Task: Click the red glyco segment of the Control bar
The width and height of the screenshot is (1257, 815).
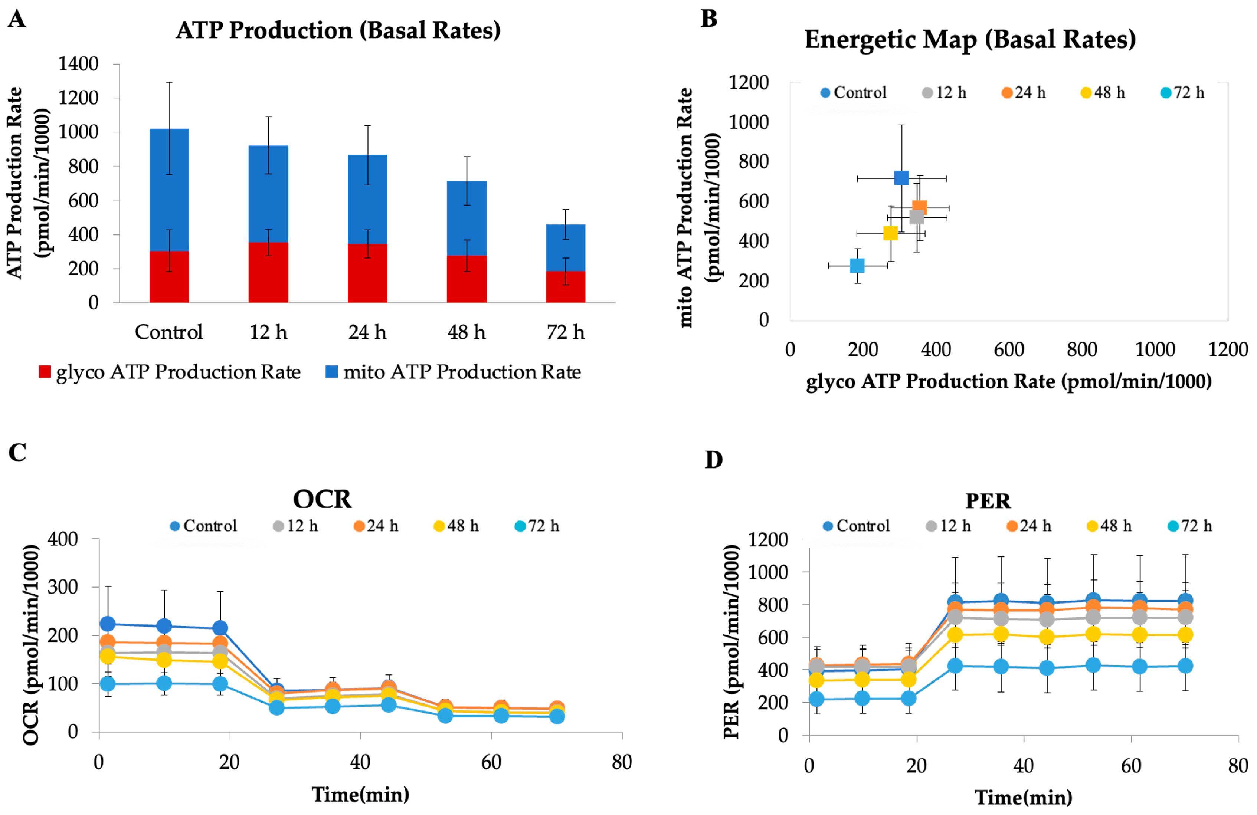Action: tap(169, 277)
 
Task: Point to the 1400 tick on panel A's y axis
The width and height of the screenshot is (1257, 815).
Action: tap(78, 64)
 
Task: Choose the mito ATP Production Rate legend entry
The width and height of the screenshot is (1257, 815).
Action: tap(453, 372)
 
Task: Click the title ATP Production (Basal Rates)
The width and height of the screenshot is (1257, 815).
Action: tap(338, 30)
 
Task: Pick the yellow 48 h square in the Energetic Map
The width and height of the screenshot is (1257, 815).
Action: tap(890, 233)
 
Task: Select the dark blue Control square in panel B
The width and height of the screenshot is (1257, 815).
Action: tap(901, 178)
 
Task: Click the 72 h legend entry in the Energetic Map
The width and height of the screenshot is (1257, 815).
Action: tap(1183, 93)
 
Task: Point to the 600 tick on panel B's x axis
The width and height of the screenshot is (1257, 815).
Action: tap(1009, 349)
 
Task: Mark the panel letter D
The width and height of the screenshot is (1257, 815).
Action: tap(714, 460)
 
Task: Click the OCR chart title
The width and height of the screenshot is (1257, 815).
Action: tap(322, 499)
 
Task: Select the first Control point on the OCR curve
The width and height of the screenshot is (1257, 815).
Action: tap(108, 624)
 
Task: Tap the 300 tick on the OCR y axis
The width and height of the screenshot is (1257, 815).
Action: tap(62, 587)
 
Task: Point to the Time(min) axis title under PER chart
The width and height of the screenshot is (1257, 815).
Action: tap(1023, 797)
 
